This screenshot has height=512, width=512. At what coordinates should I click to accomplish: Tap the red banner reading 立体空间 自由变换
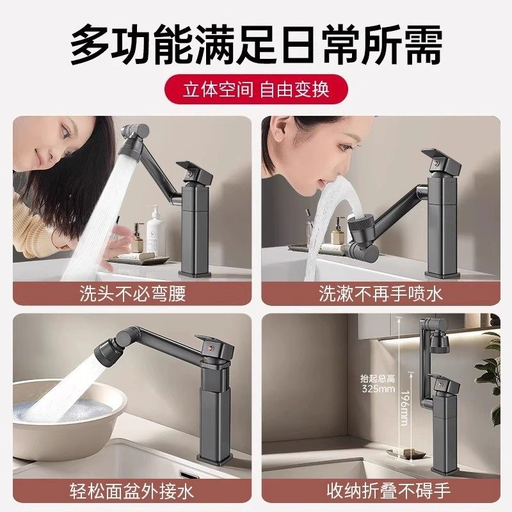(x=256, y=89)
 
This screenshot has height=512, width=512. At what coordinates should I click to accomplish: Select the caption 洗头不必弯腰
(x=132, y=293)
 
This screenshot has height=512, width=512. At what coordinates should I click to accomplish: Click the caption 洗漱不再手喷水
(x=381, y=293)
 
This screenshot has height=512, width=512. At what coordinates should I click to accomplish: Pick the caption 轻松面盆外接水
(x=132, y=491)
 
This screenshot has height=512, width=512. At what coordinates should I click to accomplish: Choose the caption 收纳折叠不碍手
(x=381, y=491)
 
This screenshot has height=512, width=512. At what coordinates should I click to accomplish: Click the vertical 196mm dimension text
(x=404, y=410)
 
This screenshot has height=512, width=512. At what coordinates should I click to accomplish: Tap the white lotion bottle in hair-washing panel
(x=156, y=236)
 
